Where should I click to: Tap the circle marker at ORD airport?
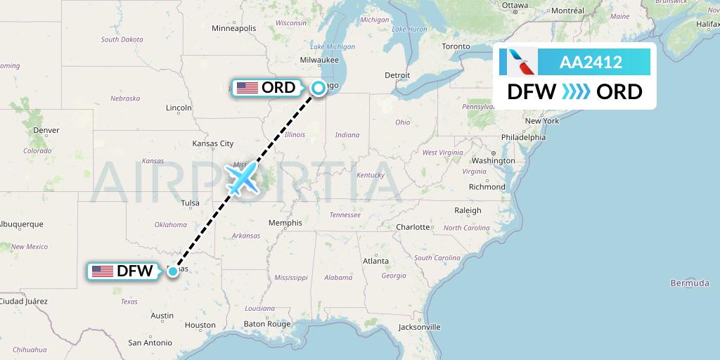[x=319, y=88]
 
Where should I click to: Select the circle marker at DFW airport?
[x=173, y=271]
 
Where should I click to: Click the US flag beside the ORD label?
[x=247, y=88]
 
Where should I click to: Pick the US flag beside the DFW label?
[x=103, y=271]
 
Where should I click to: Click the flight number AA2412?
[x=590, y=62]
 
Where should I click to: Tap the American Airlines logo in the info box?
[x=518, y=62]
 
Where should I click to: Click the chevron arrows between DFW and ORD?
[x=576, y=92]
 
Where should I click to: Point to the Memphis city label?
[x=285, y=223]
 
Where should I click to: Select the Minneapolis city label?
[x=234, y=28]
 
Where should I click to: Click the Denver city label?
[x=46, y=130]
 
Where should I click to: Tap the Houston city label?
[x=200, y=325]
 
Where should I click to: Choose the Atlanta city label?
[x=375, y=261]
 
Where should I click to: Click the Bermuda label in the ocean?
[x=690, y=283]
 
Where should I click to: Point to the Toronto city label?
[x=456, y=46]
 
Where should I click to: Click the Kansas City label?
[x=212, y=143]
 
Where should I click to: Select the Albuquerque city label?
[x=22, y=224]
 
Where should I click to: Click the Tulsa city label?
[x=191, y=203]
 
